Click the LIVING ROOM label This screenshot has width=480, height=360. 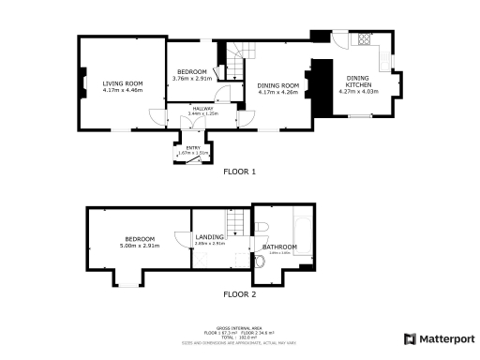pos(122,83)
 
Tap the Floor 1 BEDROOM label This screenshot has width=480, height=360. pos(192,72)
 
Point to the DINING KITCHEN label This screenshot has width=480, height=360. pos(359,82)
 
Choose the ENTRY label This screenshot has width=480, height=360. pos(193,147)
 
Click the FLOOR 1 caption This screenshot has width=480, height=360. pos(239,172)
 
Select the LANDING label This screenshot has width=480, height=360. pos(207,237)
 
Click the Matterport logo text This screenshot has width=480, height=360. pos(444,338)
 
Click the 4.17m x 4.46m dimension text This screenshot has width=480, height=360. pos(122,91)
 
